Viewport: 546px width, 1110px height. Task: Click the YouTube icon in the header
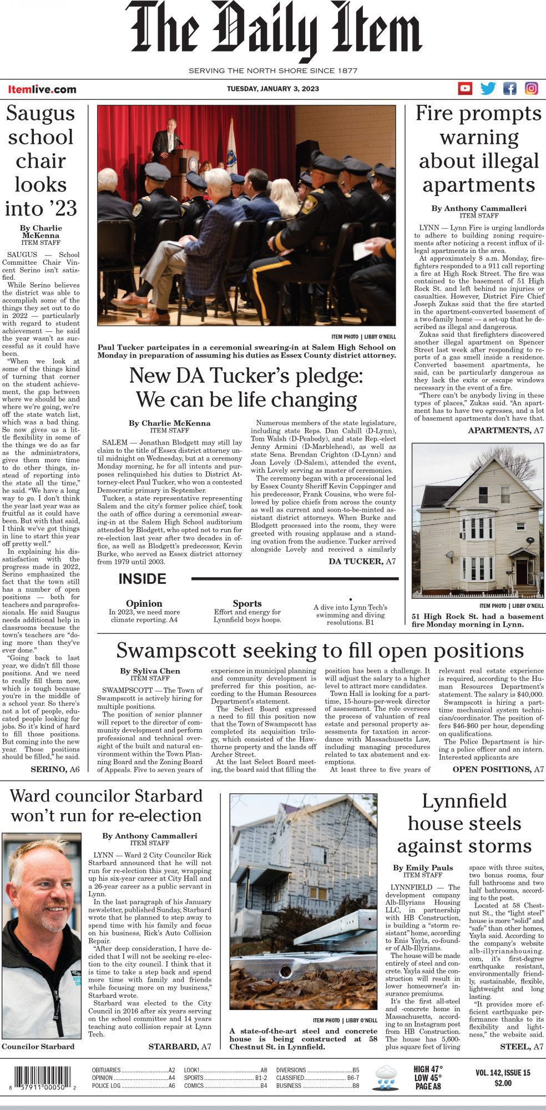(x=465, y=88)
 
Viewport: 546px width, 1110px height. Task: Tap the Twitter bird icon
(x=488, y=88)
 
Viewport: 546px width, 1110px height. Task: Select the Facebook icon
(x=509, y=88)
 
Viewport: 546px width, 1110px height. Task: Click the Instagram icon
(x=532, y=88)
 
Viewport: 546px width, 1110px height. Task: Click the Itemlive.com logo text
(x=42, y=89)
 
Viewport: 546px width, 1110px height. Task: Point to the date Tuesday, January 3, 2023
(x=273, y=89)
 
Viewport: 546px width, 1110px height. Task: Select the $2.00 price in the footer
(x=503, y=1083)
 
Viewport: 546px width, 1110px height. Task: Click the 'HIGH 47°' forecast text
(x=428, y=1069)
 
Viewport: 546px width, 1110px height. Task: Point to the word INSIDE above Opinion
(x=142, y=579)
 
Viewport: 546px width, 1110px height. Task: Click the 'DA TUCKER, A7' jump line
(x=362, y=562)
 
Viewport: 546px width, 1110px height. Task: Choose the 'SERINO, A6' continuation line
(x=55, y=769)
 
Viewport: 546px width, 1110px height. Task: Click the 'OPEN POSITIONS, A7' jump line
(x=498, y=769)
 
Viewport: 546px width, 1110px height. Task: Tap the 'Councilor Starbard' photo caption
(x=38, y=1046)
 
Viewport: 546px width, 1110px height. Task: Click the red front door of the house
(x=522, y=572)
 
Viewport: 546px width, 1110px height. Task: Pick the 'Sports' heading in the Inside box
(x=247, y=603)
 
